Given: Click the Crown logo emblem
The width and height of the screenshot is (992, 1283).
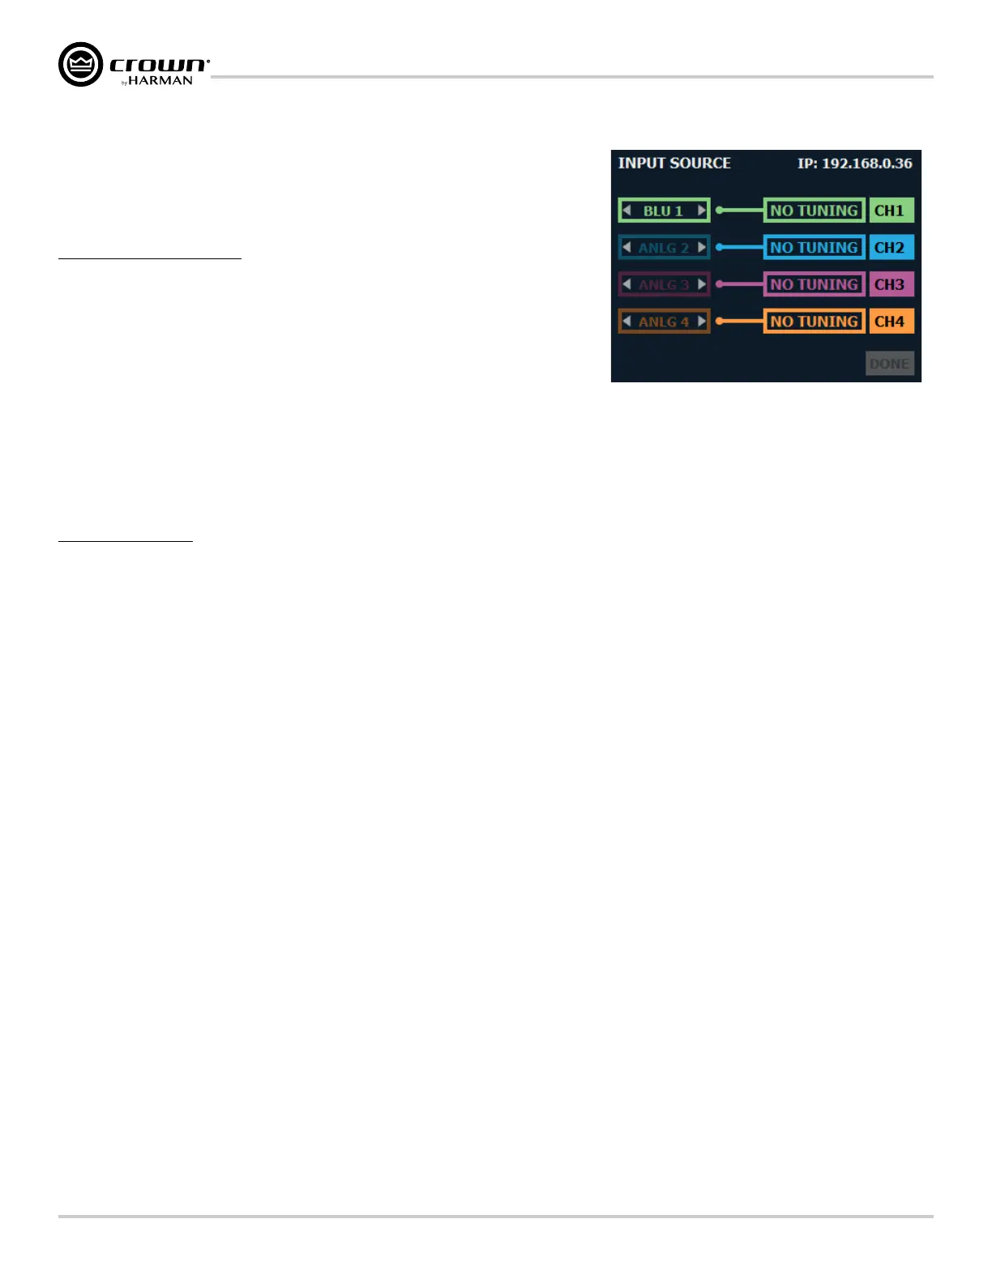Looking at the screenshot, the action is [81, 65].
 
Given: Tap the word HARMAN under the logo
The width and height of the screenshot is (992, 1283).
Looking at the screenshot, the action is [160, 81].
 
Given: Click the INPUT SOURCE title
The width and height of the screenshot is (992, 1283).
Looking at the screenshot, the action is [674, 163].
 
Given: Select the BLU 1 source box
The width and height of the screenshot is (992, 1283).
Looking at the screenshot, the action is [664, 211].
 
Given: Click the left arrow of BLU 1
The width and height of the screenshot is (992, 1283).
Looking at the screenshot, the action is [626, 211].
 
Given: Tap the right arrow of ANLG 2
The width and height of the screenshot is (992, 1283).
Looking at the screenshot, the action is [702, 247].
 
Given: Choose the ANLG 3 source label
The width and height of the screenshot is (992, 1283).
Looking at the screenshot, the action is [664, 284].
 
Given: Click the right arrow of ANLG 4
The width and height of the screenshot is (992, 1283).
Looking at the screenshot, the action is [702, 322].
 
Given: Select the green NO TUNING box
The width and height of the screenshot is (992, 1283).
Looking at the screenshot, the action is [814, 211].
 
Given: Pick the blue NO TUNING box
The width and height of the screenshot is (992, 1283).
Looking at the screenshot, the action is [814, 247].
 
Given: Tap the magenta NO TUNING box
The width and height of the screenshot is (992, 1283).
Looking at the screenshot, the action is [814, 284].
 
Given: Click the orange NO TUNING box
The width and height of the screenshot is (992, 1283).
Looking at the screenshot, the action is [814, 322].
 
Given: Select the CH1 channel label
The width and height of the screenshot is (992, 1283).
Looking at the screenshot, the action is [890, 211].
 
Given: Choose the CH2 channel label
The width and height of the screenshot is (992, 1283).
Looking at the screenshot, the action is [890, 247].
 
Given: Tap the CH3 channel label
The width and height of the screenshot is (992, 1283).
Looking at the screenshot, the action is [890, 284].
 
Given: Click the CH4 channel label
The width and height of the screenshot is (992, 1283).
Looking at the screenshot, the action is [890, 322].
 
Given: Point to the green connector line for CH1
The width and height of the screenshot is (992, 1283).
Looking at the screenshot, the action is [740, 211].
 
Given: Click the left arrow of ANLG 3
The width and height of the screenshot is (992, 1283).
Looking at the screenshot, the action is [626, 284].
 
